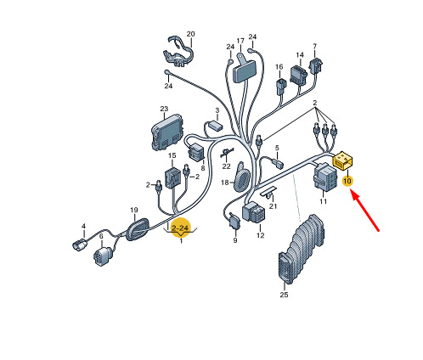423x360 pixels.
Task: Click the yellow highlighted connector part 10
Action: pyautogui.click(x=343, y=161)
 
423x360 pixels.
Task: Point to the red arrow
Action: pyautogui.click(x=365, y=211)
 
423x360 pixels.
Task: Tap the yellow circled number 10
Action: pyautogui.click(x=347, y=181)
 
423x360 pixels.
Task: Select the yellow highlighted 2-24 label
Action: pyautogui.click(x=180, y=228)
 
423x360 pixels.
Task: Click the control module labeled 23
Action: pyautogui.click(x=166, y=132)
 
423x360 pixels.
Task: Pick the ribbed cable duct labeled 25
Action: pyautogui.click(x=301, y=249)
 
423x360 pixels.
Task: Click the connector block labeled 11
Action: pyautogui.click(x=325, y=178)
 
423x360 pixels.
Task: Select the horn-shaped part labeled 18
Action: pyautogui.click(x=241, y=177)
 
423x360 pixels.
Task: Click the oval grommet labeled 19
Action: pyautogui.click(x=138, y=229)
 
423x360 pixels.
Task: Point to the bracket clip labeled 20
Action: pyautogui.click(x=178, y=52)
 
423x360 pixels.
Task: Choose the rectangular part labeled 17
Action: pyautogui.click(x=244, y=70)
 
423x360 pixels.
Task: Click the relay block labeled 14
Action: pyautogui.click(x=299, y=76)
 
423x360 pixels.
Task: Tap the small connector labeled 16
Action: pyautogui.click(x=281, y=86)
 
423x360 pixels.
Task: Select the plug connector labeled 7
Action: pyautogui.click(x=316, y=65)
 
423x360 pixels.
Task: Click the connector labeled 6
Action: pyautogui.click(x=103, y=256)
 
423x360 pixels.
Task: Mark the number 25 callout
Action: pyautogui.click(x=284, y=295)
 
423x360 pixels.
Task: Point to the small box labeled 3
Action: pyautogui.click(x=214, y=125)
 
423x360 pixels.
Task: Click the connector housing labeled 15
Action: pyautogui.click(x=172, y=177)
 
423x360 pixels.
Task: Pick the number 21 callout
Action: pyautogui.click(x=273, y=206)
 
